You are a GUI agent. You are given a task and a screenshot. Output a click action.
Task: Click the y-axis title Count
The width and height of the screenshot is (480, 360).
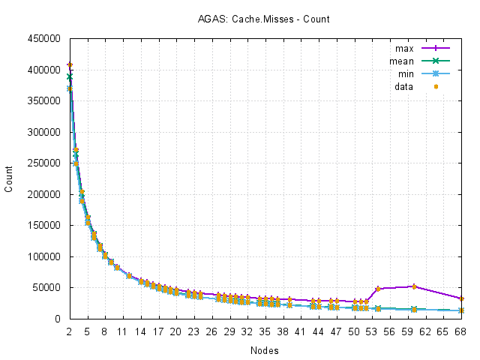pos(9,178)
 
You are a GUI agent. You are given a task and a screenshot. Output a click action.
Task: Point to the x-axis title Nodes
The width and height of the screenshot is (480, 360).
pos(265,350)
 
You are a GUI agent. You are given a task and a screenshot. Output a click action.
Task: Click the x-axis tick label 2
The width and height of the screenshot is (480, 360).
pos(69,331)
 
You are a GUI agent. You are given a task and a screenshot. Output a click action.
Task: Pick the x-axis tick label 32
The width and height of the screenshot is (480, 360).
pos(247,331)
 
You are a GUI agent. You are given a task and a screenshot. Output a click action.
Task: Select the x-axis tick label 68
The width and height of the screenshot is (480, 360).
pos(461,331)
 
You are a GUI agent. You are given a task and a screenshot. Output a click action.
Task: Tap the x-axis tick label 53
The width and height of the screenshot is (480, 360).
pos(372,331)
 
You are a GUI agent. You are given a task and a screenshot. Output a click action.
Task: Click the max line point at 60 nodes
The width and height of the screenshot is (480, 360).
pos(414,286)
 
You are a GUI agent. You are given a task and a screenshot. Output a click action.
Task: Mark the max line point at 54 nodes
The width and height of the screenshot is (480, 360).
pos(378,289)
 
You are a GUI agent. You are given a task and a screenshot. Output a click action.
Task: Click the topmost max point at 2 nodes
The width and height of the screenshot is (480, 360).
pos(70,65)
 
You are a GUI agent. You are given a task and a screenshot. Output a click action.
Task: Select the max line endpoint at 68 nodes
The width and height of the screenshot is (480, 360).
pos(461,298)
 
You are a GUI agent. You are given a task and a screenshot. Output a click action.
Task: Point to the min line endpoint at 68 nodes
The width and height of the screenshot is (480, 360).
pos(461,310)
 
